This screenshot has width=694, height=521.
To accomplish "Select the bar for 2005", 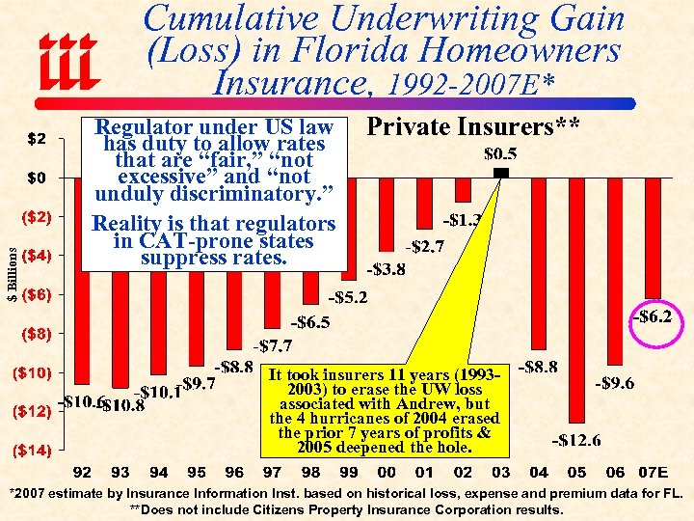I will [576, 299].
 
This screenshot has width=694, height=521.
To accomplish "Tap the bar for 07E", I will [653, 236].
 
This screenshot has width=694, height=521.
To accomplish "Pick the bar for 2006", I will [615, 270].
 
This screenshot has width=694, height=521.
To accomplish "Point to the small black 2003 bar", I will [500, 172].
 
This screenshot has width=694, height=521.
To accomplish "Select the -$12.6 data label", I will [576, 441].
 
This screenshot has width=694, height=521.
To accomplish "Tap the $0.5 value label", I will [499, 153].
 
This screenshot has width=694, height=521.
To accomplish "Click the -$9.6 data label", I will [614, 383].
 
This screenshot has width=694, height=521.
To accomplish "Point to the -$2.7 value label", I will [425, 246].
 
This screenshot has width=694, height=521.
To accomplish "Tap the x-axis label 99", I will [348, 473].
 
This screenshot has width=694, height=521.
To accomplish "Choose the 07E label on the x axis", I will [654, 473].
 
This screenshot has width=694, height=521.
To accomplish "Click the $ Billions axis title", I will [12, 272].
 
